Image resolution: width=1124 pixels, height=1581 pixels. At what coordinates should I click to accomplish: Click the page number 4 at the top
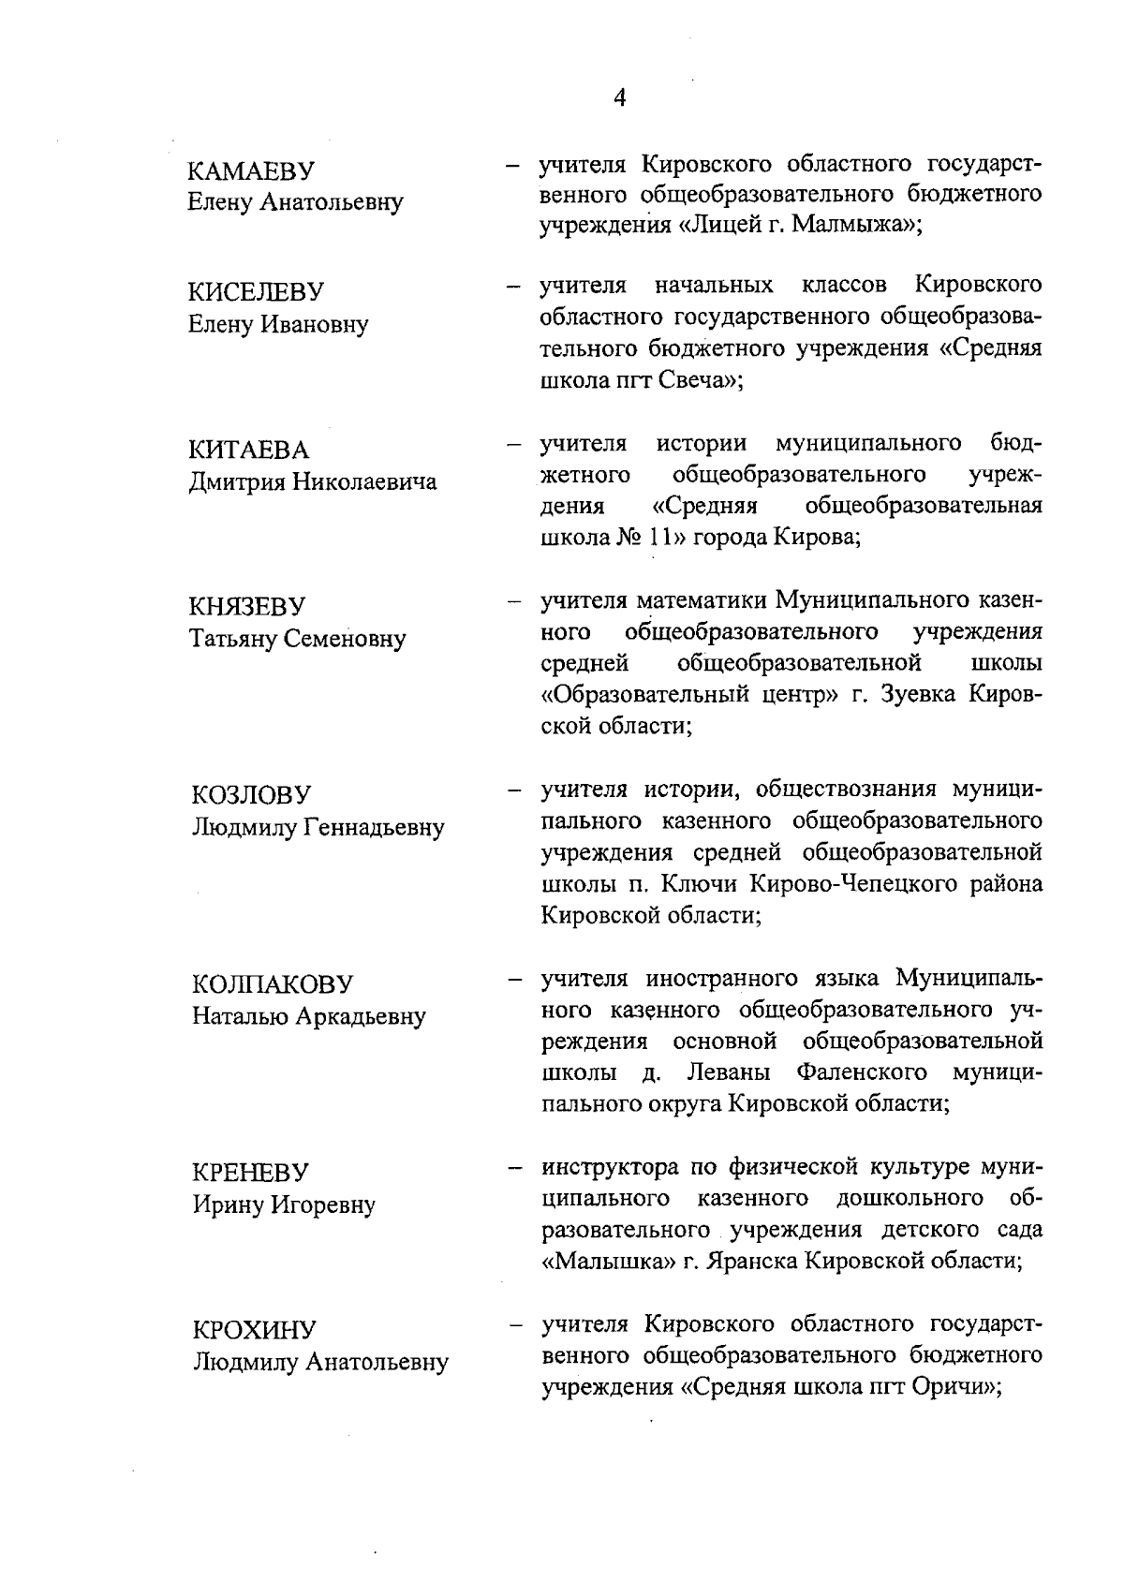click(618, 97)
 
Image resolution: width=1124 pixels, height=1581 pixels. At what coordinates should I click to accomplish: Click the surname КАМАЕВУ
click(251, 171)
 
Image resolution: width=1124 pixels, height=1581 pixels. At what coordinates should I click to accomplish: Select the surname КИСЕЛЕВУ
click(256, 292)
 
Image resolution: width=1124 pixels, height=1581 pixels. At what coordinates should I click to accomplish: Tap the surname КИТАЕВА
click(248, 451)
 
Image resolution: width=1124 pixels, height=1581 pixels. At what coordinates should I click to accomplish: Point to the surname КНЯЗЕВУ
click(248, 607)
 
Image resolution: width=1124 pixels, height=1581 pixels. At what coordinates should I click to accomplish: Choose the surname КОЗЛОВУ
click(250, 795)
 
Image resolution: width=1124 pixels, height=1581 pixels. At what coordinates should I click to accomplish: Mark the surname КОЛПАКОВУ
click(273, 984)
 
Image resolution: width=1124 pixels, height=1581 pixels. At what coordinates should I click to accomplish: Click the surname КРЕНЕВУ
click(250, 1173)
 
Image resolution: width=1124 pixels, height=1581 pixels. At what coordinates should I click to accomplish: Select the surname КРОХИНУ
click(255, 1330)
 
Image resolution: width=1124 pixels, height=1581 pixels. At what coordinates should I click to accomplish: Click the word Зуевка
click(918, 695)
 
